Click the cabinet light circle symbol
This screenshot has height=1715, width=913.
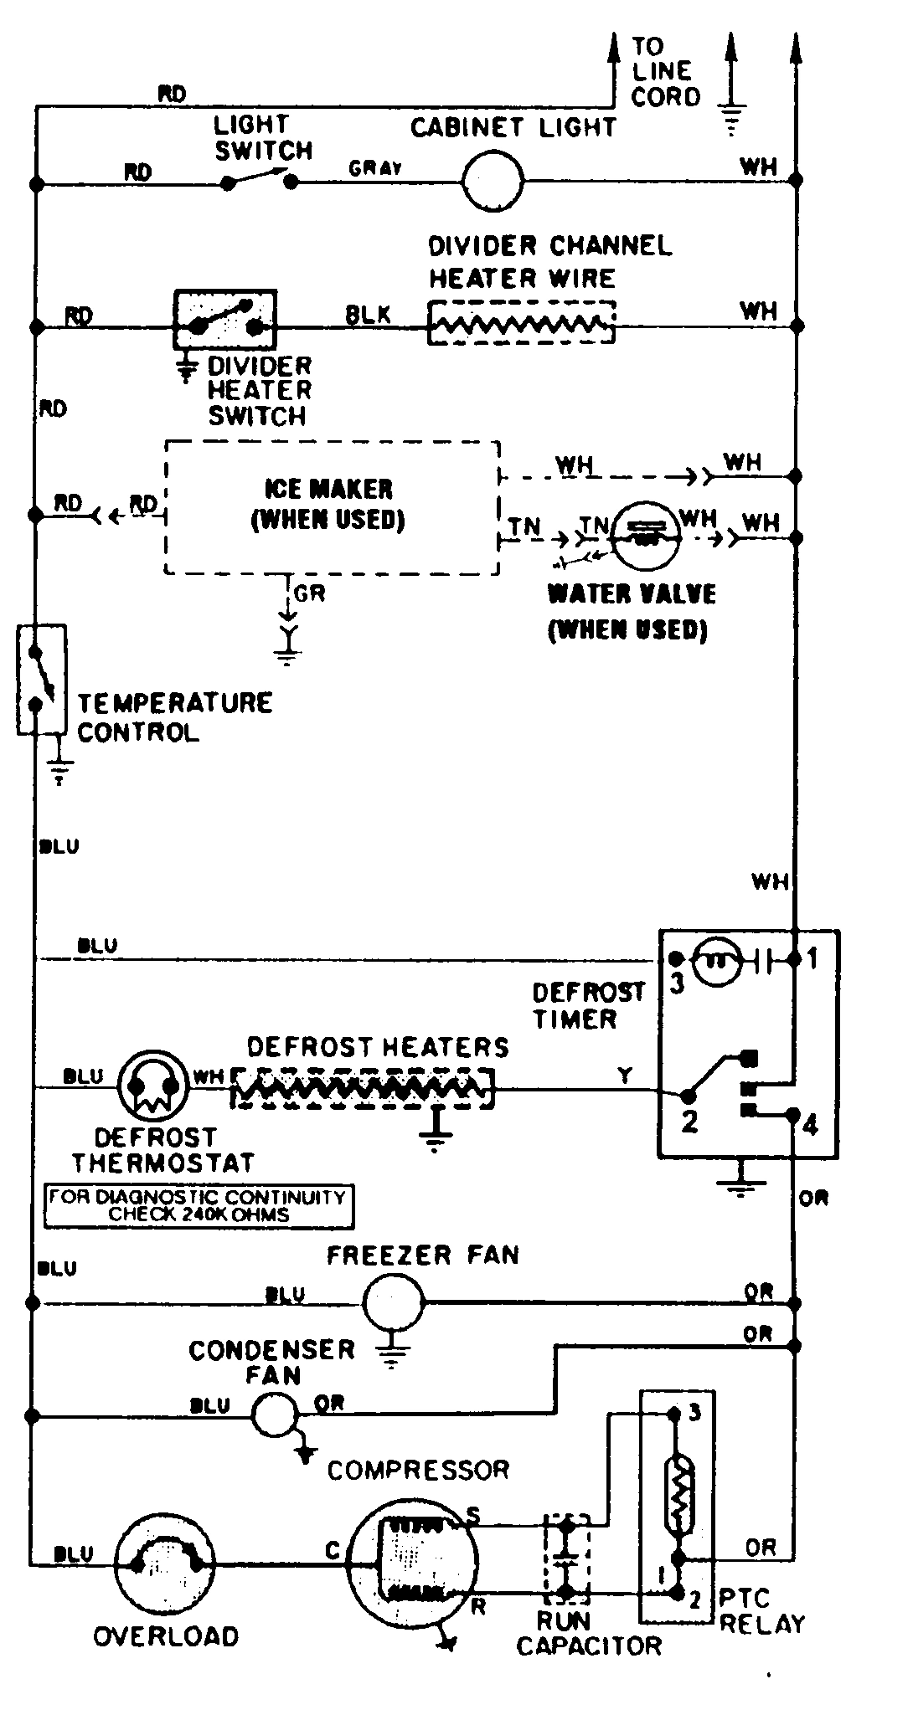click(493, 181)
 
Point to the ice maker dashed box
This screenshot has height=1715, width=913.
click(332, 507)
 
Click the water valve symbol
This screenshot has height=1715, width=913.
click(643, 536)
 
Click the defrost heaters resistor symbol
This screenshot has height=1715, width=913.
click(362, 1087)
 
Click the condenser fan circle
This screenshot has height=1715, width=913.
click(275, 1415)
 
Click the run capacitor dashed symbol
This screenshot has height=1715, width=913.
click(567, 1556)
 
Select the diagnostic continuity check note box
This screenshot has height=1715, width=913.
click(199, 1206)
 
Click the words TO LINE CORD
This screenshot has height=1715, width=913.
click(665, 72)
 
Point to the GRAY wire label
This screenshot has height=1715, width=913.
click(375, 168)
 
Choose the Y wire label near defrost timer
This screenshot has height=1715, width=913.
click(625, 1076)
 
